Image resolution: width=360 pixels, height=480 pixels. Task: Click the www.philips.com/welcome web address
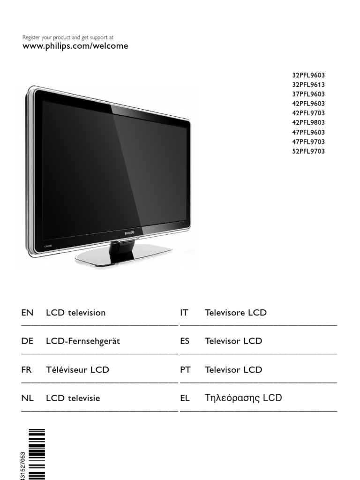[x=75, y=46]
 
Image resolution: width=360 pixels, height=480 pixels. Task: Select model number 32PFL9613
[x=308, y=85]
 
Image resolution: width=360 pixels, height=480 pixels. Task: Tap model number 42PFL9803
[x=308, y=123]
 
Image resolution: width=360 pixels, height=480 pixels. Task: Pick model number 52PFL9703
[x=308, y=151]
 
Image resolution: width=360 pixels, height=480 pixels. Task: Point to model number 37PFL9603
[x=308, y=94]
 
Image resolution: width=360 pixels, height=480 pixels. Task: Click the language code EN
[x=27, y=313]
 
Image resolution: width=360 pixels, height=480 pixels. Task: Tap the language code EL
[x=185, y=398]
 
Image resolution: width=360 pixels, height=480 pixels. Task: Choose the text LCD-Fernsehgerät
[x=82, y=341]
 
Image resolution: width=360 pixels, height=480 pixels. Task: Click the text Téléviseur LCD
[x=77, y=370]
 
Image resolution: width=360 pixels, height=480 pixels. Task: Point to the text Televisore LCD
[x=235, y=313]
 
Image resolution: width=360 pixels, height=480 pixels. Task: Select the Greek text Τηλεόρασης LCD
[x=243, y=398]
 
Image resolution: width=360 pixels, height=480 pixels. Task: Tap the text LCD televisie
[x=73, y=398]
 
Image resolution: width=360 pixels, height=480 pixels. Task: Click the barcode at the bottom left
[x=37, y=454]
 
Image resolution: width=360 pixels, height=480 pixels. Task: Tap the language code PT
[x=185, y=370]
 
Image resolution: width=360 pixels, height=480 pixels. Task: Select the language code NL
[x=27, y=398]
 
